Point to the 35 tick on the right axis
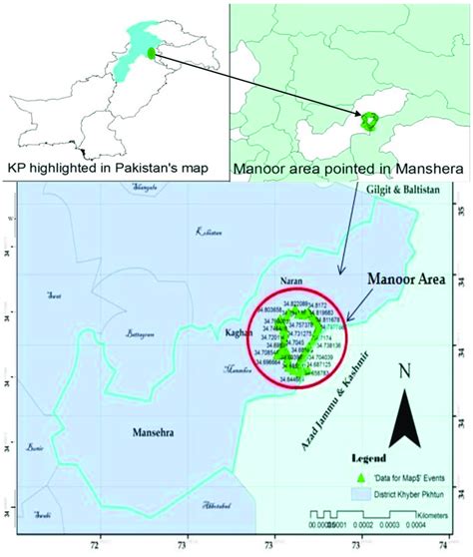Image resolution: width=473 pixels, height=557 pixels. tap(463, 212)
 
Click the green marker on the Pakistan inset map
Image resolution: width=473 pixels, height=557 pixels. tap(150, 53)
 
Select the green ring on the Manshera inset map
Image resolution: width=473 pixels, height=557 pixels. tap(370, 121)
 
